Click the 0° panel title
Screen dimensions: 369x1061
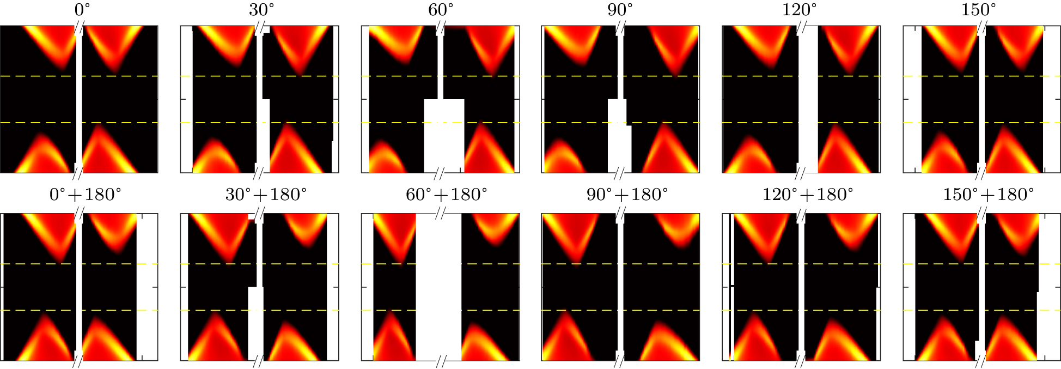tap(83, 10)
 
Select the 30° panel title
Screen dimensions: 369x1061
tap(262, 10)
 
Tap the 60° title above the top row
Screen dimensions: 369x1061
tap(441, 10)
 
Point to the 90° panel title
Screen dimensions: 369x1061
tap(620, 10)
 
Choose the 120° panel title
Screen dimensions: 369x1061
tap(800, 10)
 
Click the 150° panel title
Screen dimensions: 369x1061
tap(979, 10)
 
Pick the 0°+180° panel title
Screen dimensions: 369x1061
tap(86, 195)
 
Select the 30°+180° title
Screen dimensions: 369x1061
tap(266, 195)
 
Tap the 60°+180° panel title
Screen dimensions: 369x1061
tap(447, 195)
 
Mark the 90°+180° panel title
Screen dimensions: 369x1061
tap(627, 195)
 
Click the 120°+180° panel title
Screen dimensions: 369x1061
tap(808, 195)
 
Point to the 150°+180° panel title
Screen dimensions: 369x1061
tap(988, 195)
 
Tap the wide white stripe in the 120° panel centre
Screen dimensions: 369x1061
tap(808, 98)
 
